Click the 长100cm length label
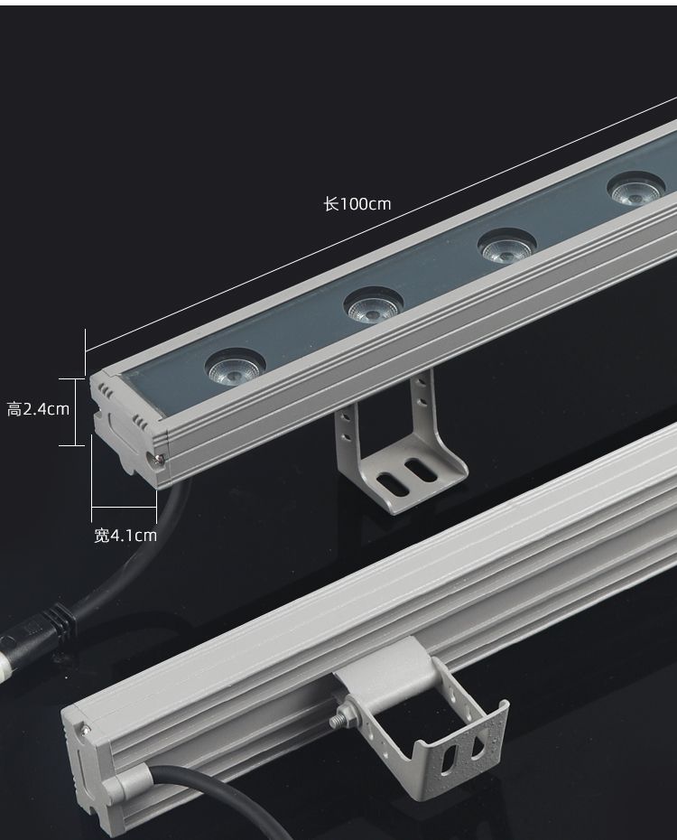(x=357, y=204)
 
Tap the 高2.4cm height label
(x=38, y=410)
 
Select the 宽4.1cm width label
(x=125, y=536)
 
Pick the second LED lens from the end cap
(x=373, y=305)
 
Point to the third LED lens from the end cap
(x=506, y=246)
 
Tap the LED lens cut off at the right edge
(x=637, y=189)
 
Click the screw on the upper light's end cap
(x=158, y=458)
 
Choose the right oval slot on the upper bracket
(x=420, y=470)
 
